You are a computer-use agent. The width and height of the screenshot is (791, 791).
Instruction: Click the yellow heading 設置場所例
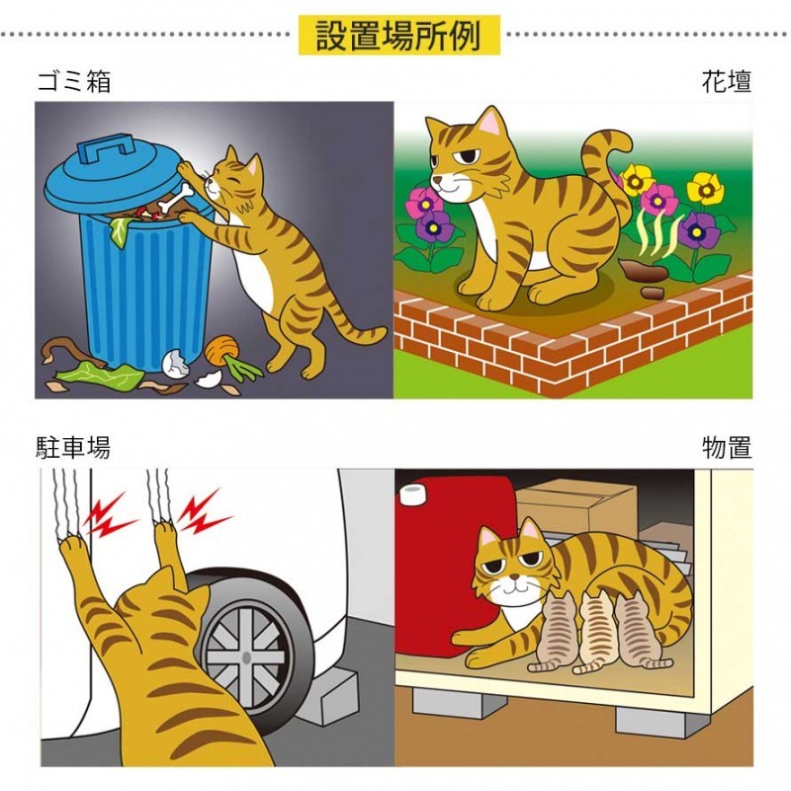[x=398, y=36]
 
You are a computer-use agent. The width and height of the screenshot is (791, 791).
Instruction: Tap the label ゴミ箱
[x=74, y=82]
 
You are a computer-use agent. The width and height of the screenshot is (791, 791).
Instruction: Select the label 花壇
[x=727, y=82]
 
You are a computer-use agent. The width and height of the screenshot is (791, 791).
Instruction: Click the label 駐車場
[x=73, y=448]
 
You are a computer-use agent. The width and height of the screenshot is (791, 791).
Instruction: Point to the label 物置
[x=727, y=448]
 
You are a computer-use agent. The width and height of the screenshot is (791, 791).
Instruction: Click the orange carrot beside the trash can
[x=221, y=349]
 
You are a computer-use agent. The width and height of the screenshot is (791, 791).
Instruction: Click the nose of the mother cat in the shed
[x=513, y=576]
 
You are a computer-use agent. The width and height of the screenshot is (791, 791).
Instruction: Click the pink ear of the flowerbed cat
[x=489, y=122]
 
